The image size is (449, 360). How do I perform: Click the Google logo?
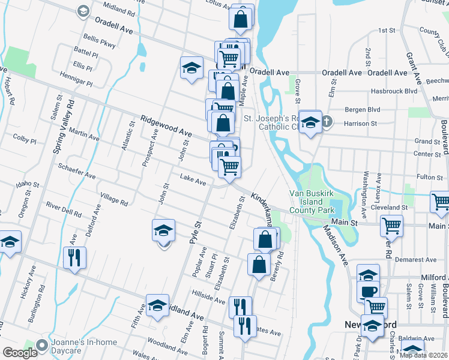pyautogui.click(x=20, y=353)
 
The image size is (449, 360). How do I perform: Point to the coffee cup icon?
pyautogui.click(x=367, y=292)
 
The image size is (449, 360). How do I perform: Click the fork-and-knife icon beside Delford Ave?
pyautogui.click(x=74, y=258)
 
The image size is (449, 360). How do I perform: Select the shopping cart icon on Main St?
pyautogui.click(x=391, y=226)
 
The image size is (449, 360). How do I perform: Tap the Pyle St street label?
pyautogui.click(x=194, y=230)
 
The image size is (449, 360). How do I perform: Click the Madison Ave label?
pyautogui.click(x=337, y=247)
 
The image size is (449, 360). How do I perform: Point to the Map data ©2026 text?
pyautogui.click(x=424, y=355)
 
